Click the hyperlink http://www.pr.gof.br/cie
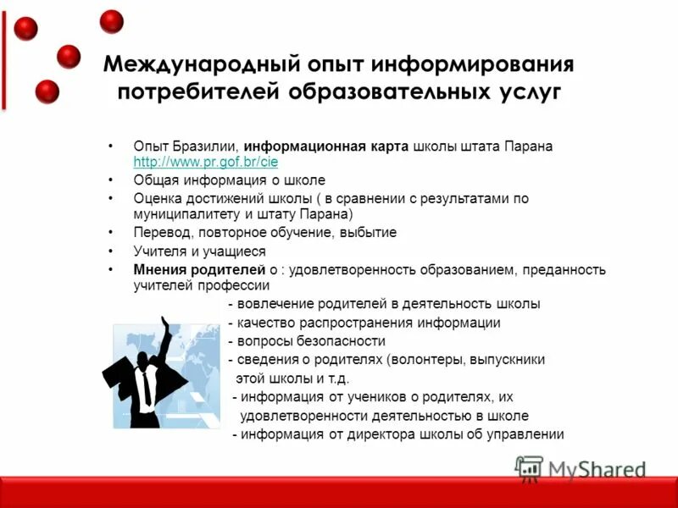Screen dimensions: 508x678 [206, 161]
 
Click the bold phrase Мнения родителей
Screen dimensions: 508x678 [200, 269]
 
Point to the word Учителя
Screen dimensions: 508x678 [158, 251]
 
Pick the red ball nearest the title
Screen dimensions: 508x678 [69, 57]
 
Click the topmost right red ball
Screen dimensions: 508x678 [111, 21]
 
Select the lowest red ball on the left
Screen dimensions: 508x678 [47, 91]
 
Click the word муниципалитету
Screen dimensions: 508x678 [188, 214]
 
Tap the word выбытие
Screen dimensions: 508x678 [367, 232]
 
